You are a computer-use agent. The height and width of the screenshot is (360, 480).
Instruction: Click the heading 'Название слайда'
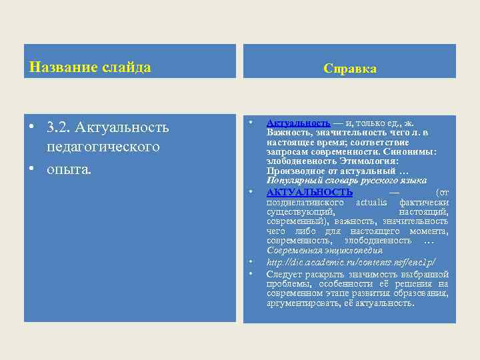91,67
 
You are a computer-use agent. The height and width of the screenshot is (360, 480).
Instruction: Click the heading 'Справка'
349,69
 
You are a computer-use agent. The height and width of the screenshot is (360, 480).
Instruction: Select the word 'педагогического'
103,146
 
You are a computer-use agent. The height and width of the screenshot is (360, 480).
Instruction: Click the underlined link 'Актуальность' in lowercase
298,123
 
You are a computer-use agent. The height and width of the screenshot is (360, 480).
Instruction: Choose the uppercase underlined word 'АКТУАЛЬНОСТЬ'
309,192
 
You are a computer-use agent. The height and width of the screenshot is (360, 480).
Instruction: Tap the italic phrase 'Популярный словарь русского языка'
347,181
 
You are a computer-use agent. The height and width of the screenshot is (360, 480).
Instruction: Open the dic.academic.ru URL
351,262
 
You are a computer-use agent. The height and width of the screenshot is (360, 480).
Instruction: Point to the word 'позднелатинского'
305,202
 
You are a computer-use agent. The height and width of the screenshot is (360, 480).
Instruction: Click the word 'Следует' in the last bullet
285,274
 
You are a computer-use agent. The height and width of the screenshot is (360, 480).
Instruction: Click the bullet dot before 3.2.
31,127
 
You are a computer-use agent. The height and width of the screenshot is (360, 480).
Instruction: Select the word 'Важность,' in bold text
288,133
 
